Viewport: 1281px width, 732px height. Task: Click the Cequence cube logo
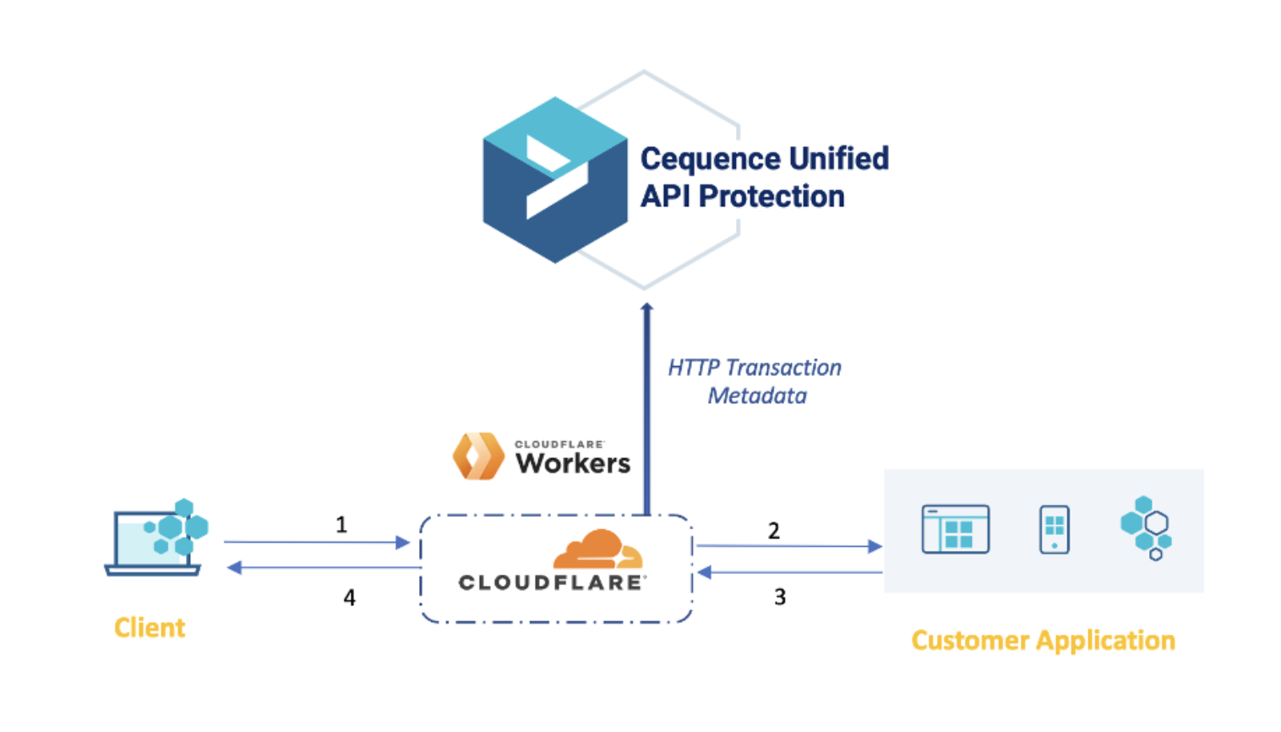pyautogui.click(x=554, y=179)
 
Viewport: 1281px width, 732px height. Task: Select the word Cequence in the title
pyautogui.click(x=711, y=159)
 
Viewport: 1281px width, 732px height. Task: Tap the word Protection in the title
pyautogui.click(x=771, y=197)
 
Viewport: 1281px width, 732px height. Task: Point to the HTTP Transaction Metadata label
pyautogui.click(x=755, y=381)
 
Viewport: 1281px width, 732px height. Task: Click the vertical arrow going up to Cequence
pyautogui.click(x=647, y=406)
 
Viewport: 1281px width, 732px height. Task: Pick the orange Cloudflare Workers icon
pyautogui.click(x=478, y=456)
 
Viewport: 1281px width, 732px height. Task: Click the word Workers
pyautogui.click(x=573, y=463)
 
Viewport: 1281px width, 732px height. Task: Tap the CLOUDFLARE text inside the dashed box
pyautogui.click(x=552, y=582)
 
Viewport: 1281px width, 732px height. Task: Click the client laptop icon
pyautogui.click(x=155, y=538)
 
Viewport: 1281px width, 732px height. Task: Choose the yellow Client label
pyautogui.click(x=150, y=628)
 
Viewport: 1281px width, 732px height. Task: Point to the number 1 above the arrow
pyautogui.click(x=341, y=525)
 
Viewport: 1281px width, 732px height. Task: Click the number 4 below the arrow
pyautogui.click(x=349, y=598)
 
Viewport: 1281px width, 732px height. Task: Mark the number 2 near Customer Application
pyautogui.click(x=773, y=531)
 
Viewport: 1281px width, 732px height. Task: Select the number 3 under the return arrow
pyautogui.click(x=780, y=597)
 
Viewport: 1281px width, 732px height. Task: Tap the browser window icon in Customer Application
pyautogui.click(x=955, y=529)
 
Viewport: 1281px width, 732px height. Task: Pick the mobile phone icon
pyautogui.click(x=1054, y=529)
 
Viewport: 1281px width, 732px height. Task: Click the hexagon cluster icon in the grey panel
pyautogui.click(x=1146, y=528)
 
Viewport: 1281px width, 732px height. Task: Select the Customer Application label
pyautogui.click(x=1043, y=641)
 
